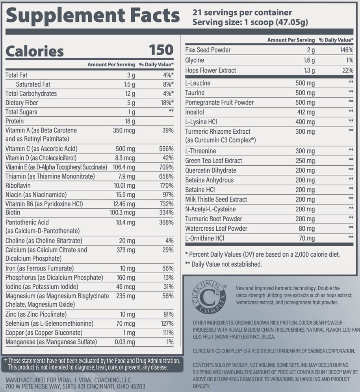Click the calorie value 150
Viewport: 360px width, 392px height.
(x=161, y=50)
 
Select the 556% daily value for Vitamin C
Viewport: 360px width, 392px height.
(x=166, y=149)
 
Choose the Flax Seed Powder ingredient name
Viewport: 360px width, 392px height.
(x=208, y=50)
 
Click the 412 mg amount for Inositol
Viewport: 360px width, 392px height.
(x=305, y=112)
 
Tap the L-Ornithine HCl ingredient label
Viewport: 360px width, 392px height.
(x=205, y=238)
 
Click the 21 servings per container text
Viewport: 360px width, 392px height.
(x=242, y=13)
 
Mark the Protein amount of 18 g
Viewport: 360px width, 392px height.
(x=130, y=121)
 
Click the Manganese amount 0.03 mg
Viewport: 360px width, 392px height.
(x=124, y=342)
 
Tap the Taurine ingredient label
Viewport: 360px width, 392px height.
(x=195, y=93)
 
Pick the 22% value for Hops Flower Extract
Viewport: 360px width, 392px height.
(x=347, y=70)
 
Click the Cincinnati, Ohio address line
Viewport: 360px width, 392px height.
(x=75, y=387)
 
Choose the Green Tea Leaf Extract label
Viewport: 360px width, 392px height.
(x=214, y=161)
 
